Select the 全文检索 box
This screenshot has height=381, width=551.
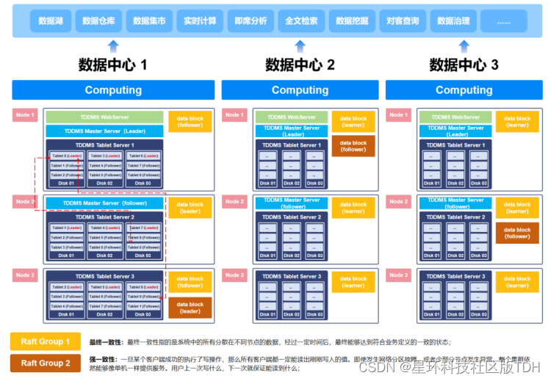[302, 21]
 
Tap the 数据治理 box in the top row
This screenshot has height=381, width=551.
[453, 21]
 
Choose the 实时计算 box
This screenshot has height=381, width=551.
[201, 21]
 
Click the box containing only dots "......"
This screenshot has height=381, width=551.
[503, 21]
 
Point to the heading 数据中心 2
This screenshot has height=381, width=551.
[300, 65]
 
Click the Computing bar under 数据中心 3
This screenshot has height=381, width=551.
[464, 90]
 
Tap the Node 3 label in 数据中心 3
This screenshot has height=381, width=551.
[399, 275]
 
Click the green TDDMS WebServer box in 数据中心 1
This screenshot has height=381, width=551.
[104, 117]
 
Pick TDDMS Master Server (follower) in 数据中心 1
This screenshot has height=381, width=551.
[104, 203]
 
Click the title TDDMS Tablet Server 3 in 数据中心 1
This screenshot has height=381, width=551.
[104, 277]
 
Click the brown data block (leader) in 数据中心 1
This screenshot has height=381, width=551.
[190, 308]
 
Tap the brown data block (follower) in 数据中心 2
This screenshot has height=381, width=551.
[353, 146]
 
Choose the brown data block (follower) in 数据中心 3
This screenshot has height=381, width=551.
[517, 233]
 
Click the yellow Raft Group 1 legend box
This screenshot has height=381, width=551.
[46, 341]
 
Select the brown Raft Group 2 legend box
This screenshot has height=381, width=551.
[46, 363]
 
